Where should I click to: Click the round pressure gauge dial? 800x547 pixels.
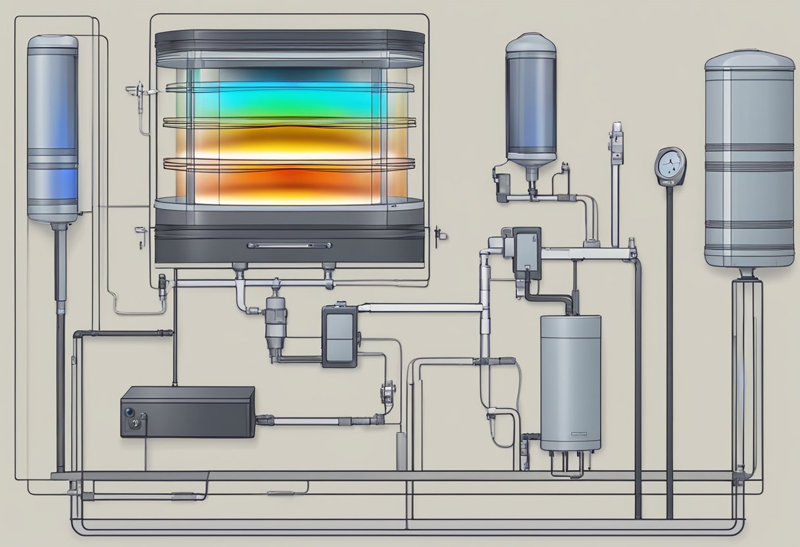(670, 165)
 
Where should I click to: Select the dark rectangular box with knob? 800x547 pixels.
(187, 412)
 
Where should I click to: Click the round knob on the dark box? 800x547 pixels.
(130, 412)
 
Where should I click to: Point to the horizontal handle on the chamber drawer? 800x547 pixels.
(289, 245)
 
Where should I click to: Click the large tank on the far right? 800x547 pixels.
(749, 161)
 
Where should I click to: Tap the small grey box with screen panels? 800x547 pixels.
(339, 336)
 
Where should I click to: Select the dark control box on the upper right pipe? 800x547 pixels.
(526, 252)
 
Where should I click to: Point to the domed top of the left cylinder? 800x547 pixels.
(53, 43)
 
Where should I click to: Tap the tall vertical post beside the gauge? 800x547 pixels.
(616, 184)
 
